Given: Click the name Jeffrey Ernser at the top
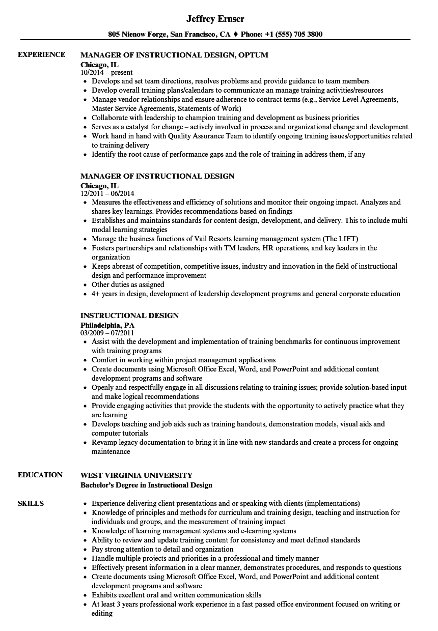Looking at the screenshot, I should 215,19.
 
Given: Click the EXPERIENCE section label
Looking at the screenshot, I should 41,54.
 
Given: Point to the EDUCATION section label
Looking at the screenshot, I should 40,475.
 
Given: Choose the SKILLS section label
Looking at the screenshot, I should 31,503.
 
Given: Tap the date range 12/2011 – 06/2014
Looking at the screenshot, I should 107,194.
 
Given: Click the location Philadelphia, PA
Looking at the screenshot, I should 107,325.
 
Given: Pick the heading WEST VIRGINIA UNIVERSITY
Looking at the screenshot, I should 136,475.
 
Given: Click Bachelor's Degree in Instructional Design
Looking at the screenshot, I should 146,485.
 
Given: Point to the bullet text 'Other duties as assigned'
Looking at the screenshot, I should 128,284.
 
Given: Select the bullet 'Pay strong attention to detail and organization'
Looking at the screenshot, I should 162,549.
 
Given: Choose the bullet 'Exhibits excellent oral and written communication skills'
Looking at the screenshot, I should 176,595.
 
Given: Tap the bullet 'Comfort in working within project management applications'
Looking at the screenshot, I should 183,360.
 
